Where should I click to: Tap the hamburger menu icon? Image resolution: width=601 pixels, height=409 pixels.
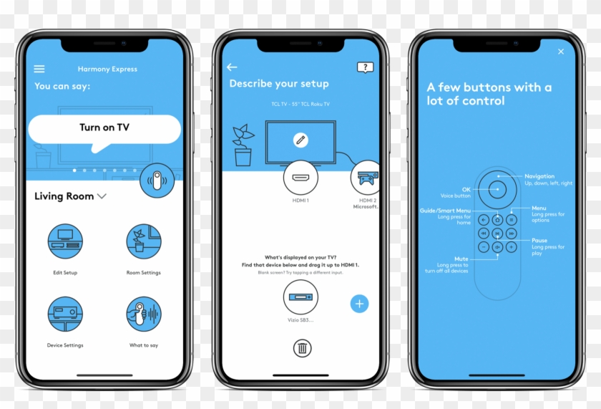pyautogui.click(x=39, y=69)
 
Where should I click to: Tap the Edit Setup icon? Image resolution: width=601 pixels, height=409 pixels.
pyautogui.click(x=65, y=241)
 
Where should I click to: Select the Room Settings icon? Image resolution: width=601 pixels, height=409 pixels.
pyautogui.click(x=144, y=241)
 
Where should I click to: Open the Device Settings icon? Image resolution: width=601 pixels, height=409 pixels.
pyautogui.click(x=65, y=314)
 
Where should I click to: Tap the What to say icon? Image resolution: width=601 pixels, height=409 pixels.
pyautogui.click(x=144, y=314)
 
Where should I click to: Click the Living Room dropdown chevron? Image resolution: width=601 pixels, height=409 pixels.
pyautogui.click(x=102, y=196)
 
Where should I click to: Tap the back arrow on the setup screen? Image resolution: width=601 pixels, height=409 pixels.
pyautogui.click(x=232, y=67)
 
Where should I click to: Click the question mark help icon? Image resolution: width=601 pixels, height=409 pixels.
pyautogui.click(x=365, y=67)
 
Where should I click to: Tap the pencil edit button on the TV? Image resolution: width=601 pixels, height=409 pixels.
pyautogui.click(x=300, y=140)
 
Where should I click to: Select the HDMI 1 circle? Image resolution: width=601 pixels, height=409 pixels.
pyautogui.click(x=300, y=178)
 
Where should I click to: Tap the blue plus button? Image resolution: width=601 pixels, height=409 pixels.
pyautogui.click(x=359, y=304)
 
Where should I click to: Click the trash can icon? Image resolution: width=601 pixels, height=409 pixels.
pyautogui.click(x=302, y=349)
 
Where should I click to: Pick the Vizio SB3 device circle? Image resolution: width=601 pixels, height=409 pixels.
pyautogui.click(x=300, y=298)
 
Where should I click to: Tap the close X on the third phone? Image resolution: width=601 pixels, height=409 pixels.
pyautogui.click(x=561, y=52)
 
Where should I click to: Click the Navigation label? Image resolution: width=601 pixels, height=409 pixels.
pyautogui.click(x=539, y=176)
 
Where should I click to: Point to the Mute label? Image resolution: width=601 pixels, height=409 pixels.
pyautogui.click(x=461, y=259)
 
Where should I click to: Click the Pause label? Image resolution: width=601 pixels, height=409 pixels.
pyautogui.click(x=539, y=241)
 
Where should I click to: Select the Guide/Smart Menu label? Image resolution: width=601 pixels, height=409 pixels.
pyautogui.click(x=445, y=211)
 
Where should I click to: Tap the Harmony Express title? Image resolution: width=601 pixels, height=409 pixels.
pyautogui.click(x=107, y=69)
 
